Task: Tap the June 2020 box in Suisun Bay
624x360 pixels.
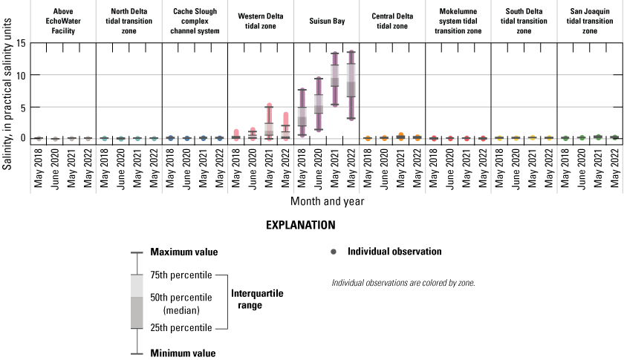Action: [319, 104]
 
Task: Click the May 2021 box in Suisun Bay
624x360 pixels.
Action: [335, 76]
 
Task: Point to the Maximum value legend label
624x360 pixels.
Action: [183, 252]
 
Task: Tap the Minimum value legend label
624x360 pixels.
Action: [183, 353]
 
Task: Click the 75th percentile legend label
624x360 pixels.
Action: [181, 275]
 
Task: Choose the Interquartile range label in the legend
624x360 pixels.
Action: [258, 298]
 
